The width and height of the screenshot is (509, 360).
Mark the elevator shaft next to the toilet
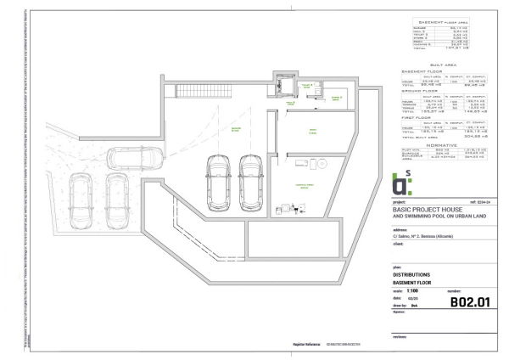coord(282,85)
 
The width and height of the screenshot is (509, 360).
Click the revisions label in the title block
coord(400,338)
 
